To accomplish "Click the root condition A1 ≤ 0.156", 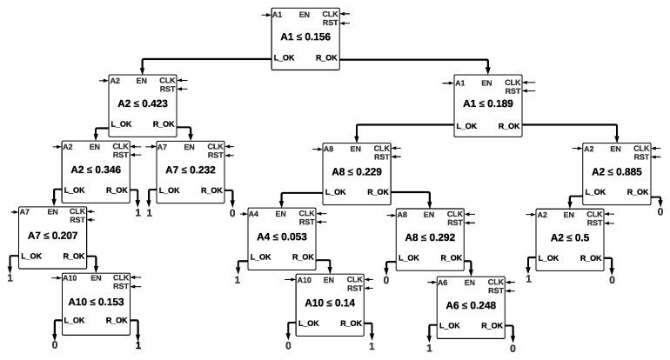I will (304, 37).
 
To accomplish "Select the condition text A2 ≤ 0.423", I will (142, 103).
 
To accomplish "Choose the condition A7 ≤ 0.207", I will (53, 235).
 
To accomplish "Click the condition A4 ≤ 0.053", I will (281, 236).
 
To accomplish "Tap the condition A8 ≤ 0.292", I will (429, 236).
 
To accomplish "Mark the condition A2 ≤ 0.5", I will (570, 236).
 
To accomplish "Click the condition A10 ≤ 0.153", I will (96, 301).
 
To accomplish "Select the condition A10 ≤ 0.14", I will (332, 301).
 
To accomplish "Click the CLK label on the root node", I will (330, 14).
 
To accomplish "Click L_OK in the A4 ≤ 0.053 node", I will (261, 257).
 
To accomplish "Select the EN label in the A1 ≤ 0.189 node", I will (486, 83).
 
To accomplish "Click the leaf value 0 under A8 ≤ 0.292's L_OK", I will (386, 282).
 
